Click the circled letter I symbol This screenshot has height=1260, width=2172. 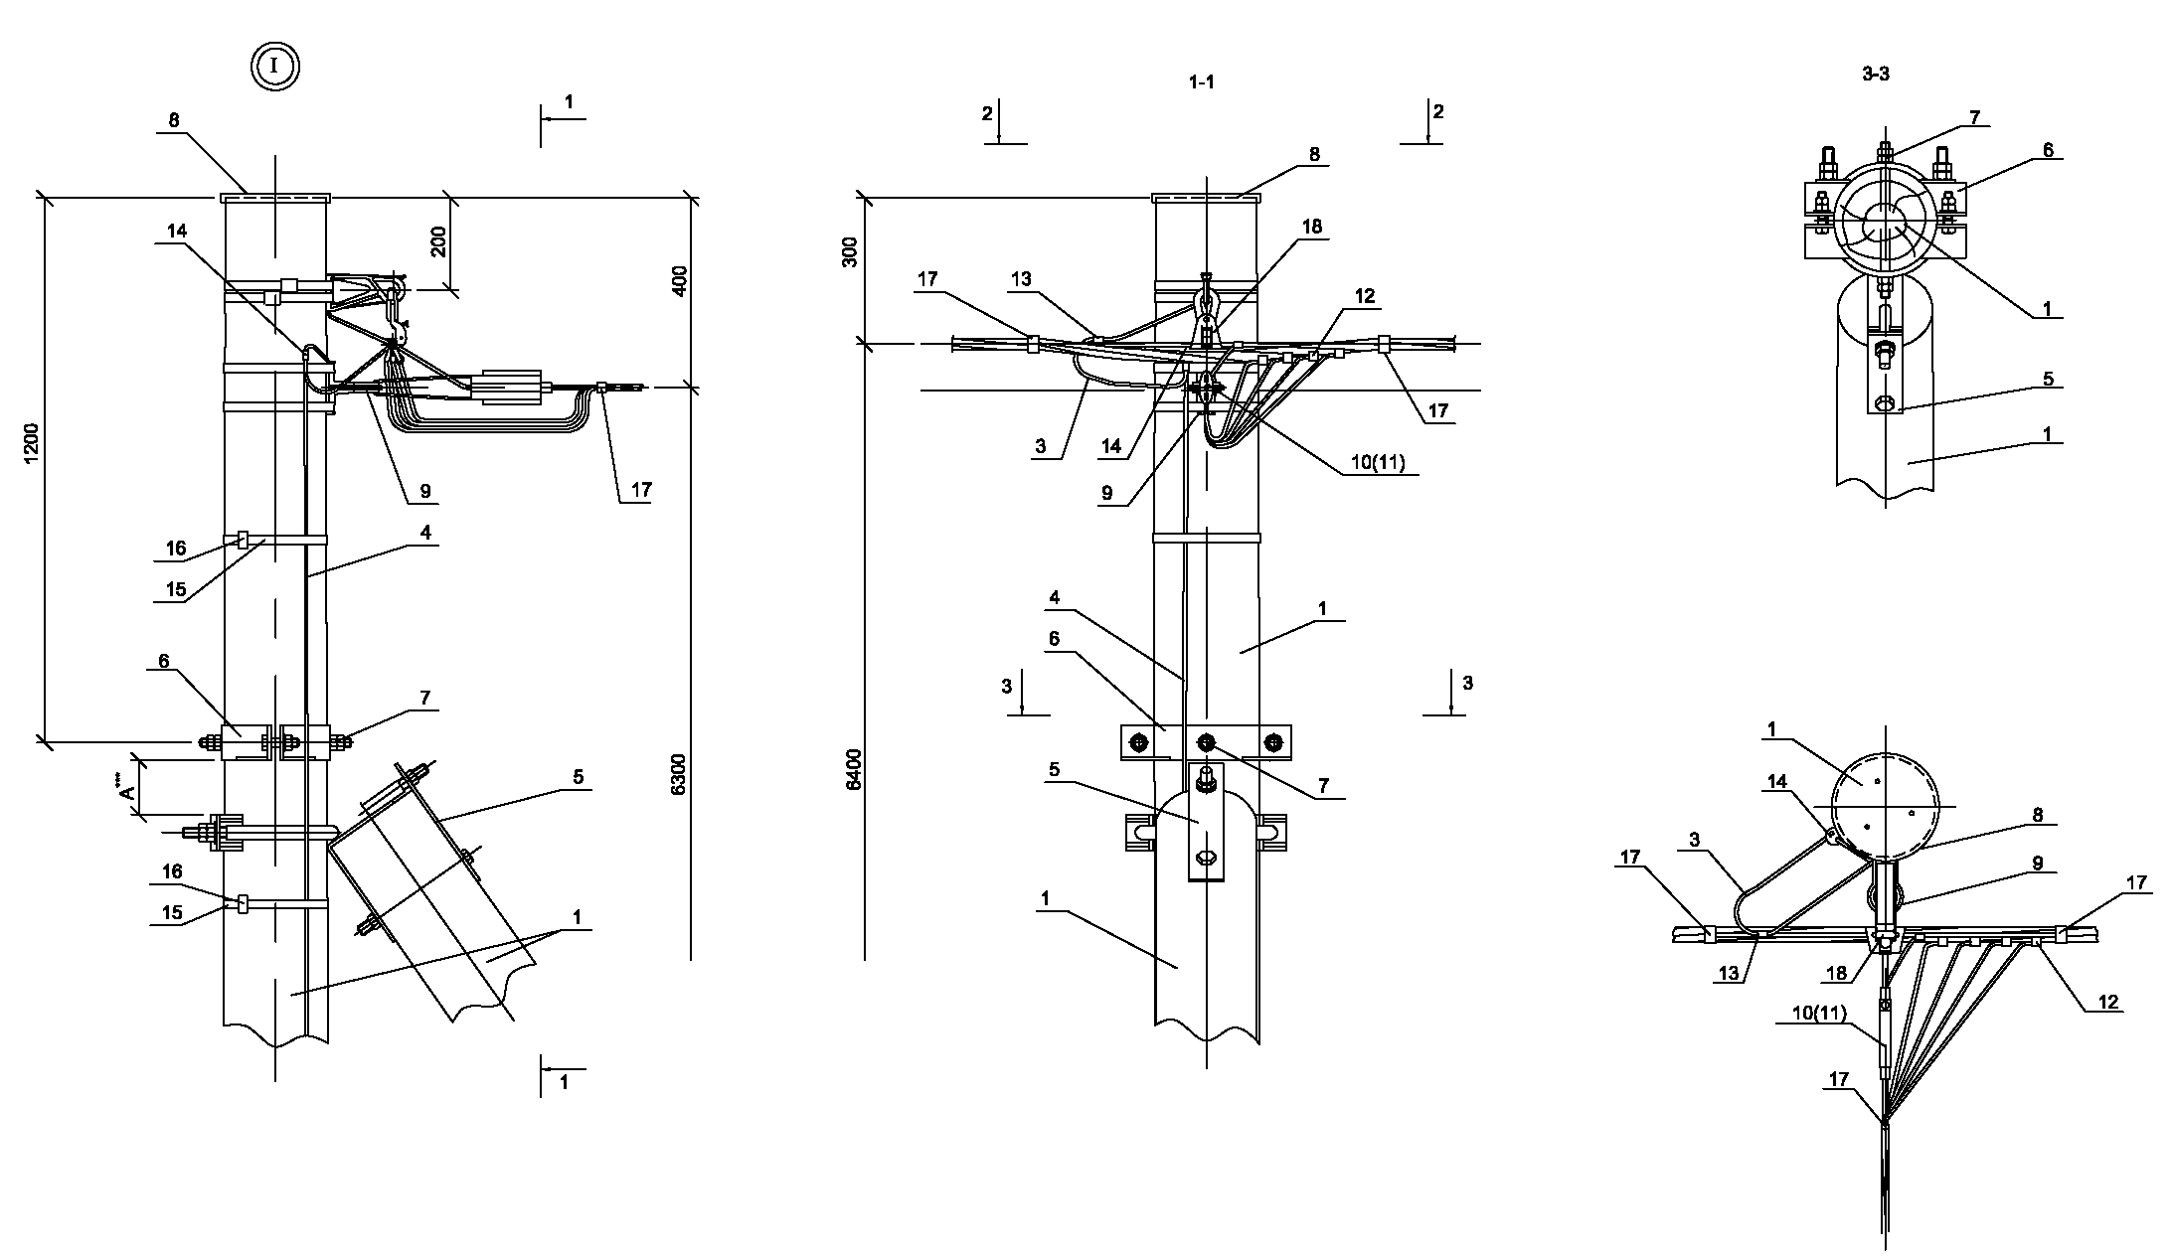(274, 67)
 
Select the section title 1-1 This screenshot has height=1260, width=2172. (1202, 83)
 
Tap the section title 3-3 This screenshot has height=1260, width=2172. (1875, 74)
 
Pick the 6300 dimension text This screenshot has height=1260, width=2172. (678, 775)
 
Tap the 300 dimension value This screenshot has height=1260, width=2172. (850, 254)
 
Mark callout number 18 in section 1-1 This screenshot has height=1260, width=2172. (1311, 227)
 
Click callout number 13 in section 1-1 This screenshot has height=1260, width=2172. (1022, 279)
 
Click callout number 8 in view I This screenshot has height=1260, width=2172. (174, 120)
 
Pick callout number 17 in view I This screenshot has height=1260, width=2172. (641, 490)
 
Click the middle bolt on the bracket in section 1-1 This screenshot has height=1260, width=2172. (1206, 742)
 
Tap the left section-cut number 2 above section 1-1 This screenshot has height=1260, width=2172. (987, 114)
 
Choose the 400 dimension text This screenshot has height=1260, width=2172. (680, 286)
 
